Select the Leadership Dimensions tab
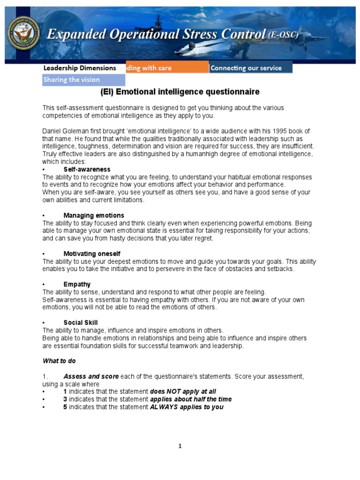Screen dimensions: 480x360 tap(80, 68)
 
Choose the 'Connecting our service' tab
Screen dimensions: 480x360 tap(250, 68)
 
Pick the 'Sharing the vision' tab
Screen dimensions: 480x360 tap(72, 80)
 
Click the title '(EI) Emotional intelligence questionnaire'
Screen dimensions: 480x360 tap(180, 92)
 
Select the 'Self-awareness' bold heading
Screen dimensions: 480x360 tap(87, 169)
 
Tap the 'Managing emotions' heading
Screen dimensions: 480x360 tap(94, 216)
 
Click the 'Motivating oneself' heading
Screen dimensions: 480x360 tap(92, 254)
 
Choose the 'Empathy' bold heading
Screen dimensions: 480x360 tap(77, 285)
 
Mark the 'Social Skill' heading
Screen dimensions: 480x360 tap(81, 323)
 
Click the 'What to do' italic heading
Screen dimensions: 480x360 tap(59, 361)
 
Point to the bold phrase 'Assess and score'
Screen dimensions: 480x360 tap(91, 376)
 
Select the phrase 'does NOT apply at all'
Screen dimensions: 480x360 tap(183, 391)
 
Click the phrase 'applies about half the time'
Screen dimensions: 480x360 tap(191, 399)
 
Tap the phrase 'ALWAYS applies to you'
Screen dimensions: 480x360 tap(187, 407)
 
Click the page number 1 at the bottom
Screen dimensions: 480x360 tap(180, 446)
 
